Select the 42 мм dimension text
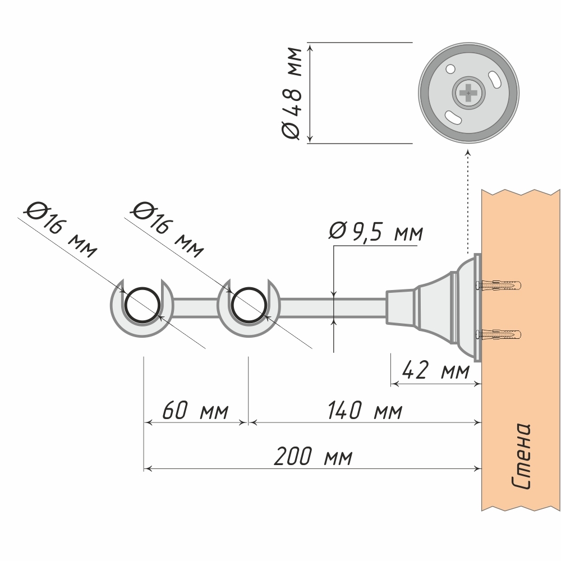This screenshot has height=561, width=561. coord(435,371)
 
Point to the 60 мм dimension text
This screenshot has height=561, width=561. coord(195,411)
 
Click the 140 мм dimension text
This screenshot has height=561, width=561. coord(365,411)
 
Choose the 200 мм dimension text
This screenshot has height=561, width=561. coord(313,457)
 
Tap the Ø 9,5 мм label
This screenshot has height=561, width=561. coord(376,232)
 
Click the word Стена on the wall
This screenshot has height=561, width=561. coord(521,456)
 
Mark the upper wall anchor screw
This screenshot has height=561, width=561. coord(499,285)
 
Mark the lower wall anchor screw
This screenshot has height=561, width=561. coord(499,335)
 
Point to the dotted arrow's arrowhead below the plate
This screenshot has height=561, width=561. coord(468,152)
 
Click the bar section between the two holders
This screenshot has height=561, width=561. coord(195,307)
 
